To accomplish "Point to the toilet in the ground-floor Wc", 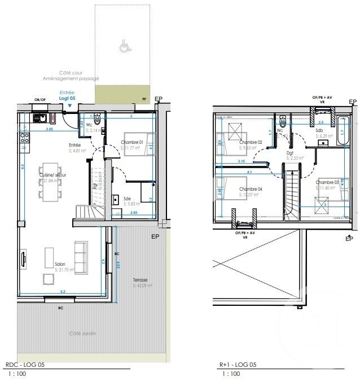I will [98, 119].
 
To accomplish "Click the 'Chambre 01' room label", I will [134, 142].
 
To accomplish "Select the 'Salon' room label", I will [61, 264].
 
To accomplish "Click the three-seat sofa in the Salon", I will [80, 254].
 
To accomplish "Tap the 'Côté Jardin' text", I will [83, 333].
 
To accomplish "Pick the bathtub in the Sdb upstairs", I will [343, 130].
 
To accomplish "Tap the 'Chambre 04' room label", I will [250, 189].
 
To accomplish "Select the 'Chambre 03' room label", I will [327, 182].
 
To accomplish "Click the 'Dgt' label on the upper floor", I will [290, 152].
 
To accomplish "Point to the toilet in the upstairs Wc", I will [282, 122].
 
